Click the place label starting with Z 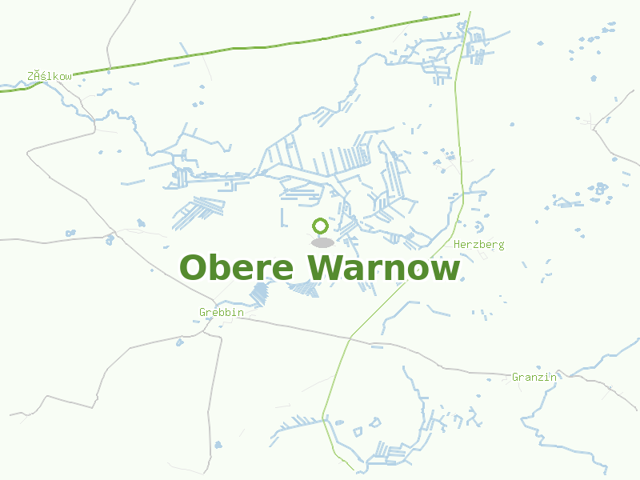tap(50, 76)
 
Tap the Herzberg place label tap(478, 244)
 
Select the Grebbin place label tap(221, 312)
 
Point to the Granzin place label tap(534, 376)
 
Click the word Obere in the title tap(237, 268)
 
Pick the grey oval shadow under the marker tap(322, 242)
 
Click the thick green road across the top tap(240, 48)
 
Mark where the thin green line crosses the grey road tap(350, 338)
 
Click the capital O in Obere tap(195, 268)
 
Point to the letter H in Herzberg tap(457, 244)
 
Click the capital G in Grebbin tap(202, 312)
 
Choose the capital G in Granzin tap(515, 376)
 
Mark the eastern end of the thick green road tap(458, 14)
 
